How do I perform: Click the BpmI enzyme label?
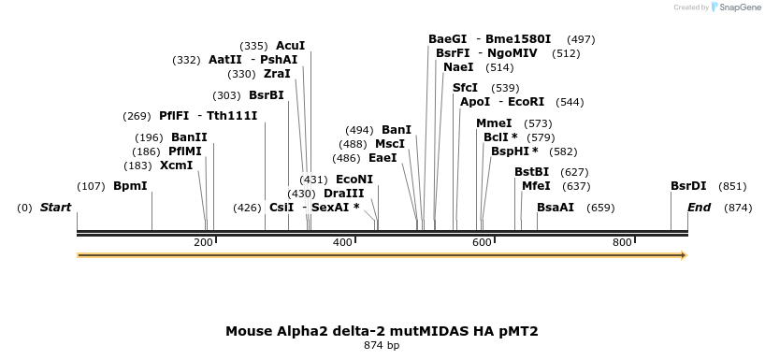[130, 186]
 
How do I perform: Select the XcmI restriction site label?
[176, 166]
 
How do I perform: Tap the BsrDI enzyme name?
[688, 186]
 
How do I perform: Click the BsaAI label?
[556, 208]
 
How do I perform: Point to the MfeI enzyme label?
[536, 186]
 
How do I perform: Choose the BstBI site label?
[531, 172]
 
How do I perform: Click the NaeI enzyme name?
[458, 67]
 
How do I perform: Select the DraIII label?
[343, 194]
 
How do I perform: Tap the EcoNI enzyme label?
[354, 180]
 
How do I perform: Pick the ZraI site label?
[277, 74]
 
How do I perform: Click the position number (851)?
[732, 186]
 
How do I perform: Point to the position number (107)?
[91, 186]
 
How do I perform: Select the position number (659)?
[600, 208]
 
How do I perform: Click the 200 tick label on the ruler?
[203, 243]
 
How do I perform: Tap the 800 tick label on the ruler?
[622, 243]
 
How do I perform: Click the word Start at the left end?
[55, 208]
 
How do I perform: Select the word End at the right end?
[699, 208]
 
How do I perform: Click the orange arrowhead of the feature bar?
[684, 255]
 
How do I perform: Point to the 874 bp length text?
[382, 346]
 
